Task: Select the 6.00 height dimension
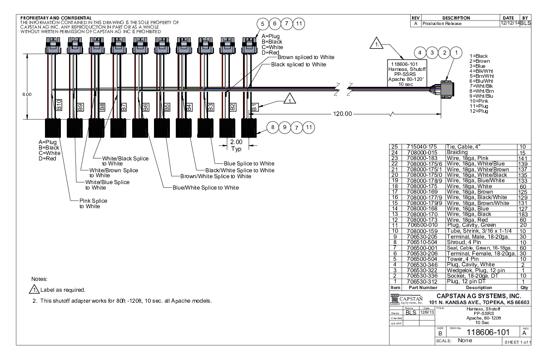[x=27, y=94]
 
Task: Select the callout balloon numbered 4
[x=420, y=53]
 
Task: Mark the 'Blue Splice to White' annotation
[x=249, y=164]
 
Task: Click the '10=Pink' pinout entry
[x=478, y=100]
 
